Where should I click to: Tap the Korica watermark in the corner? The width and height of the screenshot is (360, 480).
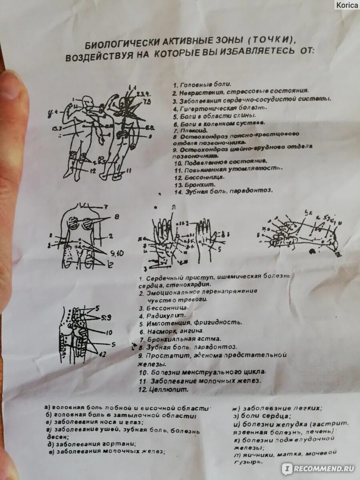point(347,5)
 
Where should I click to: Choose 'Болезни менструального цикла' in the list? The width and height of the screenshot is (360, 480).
point(202,372)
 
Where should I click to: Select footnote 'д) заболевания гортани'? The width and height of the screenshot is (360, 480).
point(92,444)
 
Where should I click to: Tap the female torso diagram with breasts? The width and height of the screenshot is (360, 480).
point(84,236)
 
